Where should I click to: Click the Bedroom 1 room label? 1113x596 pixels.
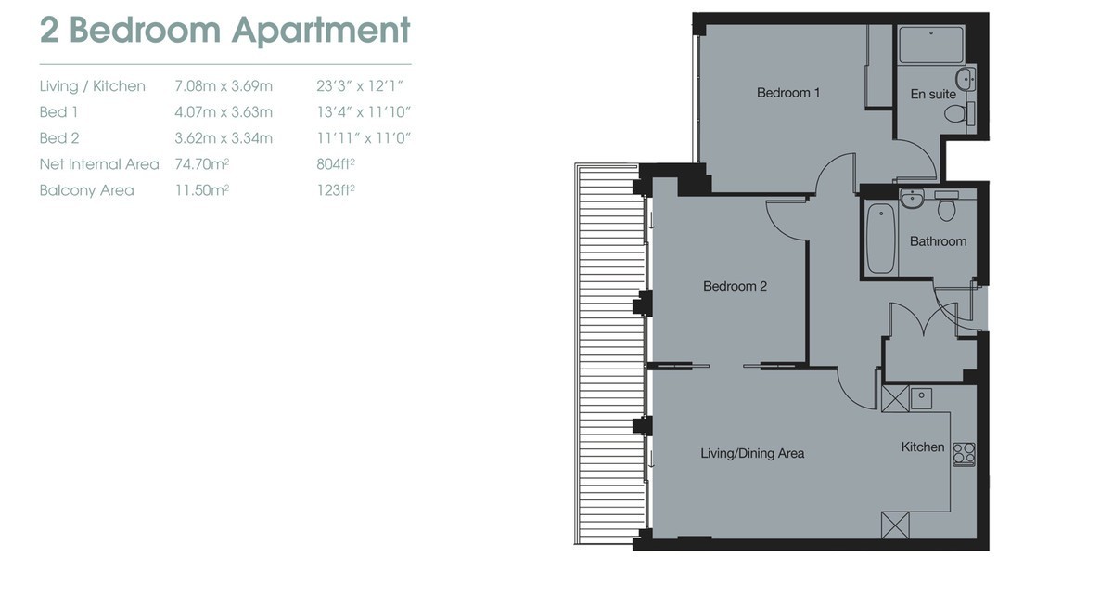pos(788,93)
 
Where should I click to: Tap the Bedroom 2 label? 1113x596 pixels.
pos(735,286)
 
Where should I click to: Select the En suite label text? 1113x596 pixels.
pos(933,94)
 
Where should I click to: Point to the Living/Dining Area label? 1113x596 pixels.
pos(752,453)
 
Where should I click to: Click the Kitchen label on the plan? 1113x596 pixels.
pos(923,447)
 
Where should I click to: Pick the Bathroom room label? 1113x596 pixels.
pos(938,241)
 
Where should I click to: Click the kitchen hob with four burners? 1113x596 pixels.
pos(964,454)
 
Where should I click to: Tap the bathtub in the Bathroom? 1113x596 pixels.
pos(881,239)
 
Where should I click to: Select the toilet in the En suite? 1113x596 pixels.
pos(959,114)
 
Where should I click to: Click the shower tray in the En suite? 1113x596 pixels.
pos(930,45)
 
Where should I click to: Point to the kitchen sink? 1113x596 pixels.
pos(921,398)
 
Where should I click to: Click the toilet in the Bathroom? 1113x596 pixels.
pos(947,206)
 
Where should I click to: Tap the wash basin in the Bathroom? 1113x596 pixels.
pos(912,198)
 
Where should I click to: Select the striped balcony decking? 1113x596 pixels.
pos(610,353)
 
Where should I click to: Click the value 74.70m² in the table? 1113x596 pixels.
pos(202,164)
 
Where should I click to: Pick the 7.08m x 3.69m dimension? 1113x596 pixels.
pos(224,86)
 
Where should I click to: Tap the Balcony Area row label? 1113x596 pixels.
pos(87,190)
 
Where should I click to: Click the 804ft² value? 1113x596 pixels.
pos(336,164)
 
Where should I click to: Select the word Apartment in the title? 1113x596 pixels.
pos(322,31)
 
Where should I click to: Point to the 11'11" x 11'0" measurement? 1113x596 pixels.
pos(364,138)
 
